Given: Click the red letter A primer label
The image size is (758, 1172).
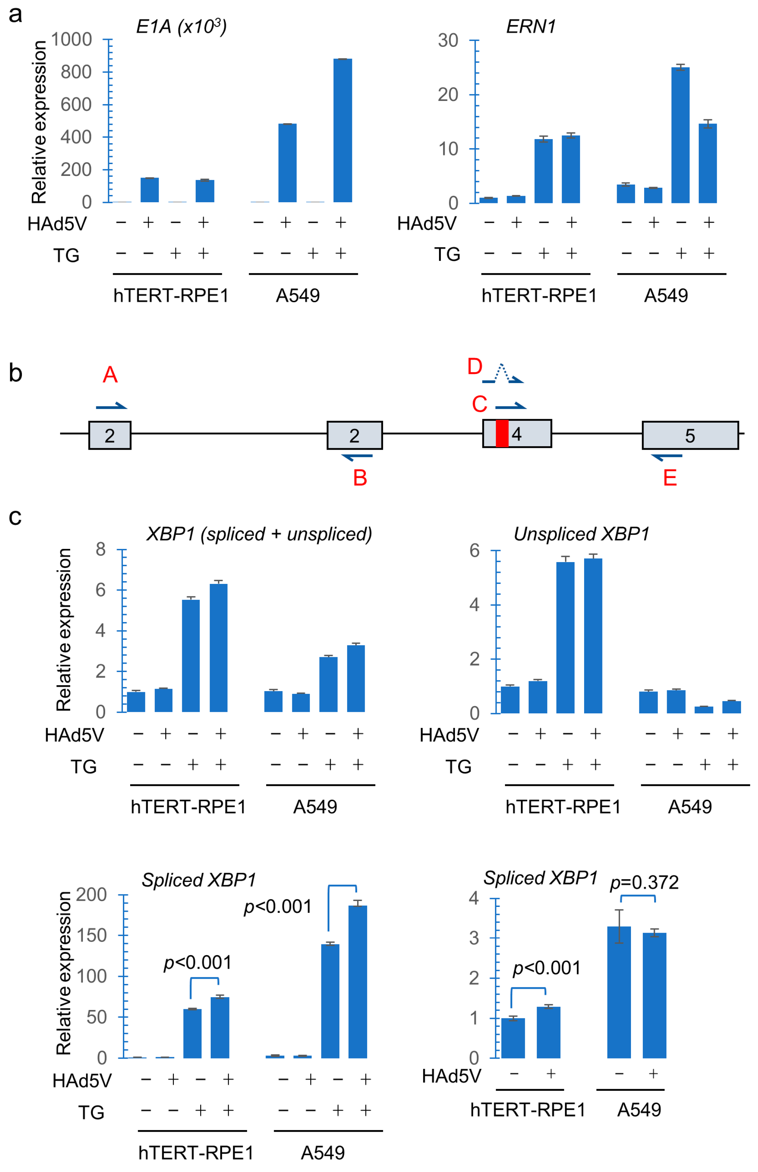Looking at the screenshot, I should pos(110,375).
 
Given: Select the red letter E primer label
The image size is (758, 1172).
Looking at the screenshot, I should pos(670,478).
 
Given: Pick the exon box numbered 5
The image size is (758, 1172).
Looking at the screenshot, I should pos(690,435).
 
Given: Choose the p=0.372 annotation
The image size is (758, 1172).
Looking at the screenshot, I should pos(644,882).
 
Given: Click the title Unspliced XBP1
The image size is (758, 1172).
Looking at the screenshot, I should pos(582,534).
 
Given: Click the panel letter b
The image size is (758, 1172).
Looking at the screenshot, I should pos(16,373).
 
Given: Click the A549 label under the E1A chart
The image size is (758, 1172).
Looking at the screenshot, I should pos(298,295).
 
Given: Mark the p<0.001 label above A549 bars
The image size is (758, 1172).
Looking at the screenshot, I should pos(278,906).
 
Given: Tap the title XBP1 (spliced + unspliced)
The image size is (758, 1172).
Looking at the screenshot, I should pos(259,534).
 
